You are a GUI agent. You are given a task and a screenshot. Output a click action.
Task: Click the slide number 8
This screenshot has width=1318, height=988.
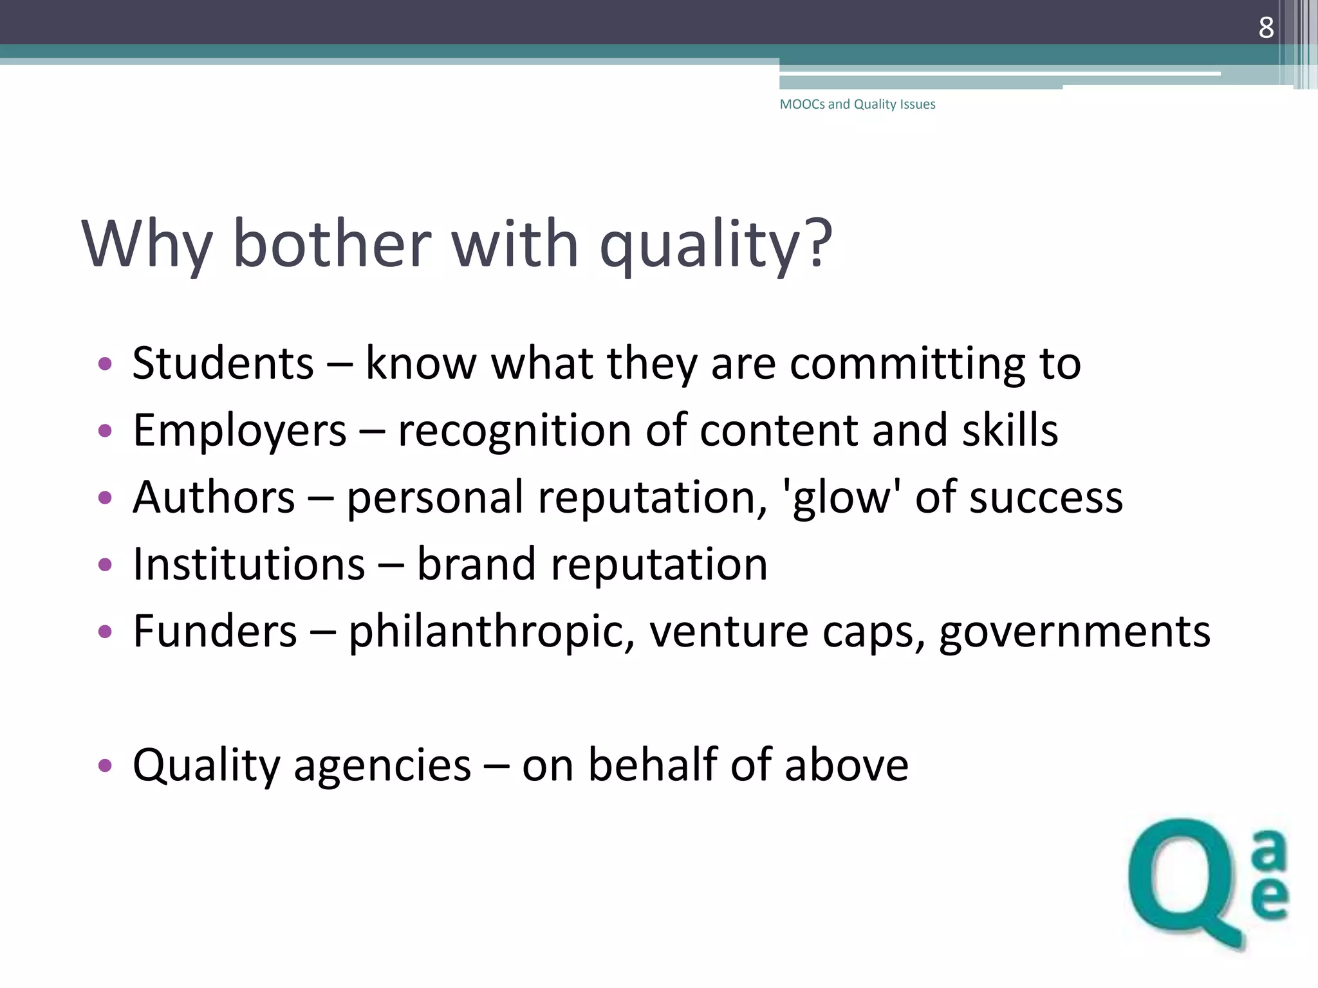point(1266,28)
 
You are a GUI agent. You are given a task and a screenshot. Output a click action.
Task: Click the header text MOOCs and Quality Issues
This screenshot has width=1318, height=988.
point(857,104)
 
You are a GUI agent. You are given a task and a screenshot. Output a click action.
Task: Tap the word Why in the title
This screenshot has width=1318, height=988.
point(147,244)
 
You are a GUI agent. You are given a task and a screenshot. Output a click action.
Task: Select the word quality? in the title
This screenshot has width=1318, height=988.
point(716,244)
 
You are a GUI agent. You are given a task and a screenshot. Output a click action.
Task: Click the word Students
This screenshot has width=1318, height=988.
point(223,363)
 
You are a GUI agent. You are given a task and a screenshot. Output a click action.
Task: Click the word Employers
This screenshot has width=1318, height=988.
point(239,430)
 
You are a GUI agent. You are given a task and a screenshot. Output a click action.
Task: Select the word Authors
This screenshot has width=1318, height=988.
point(214,497)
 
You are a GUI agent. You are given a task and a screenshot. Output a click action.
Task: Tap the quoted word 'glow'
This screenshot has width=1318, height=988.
point(840,497)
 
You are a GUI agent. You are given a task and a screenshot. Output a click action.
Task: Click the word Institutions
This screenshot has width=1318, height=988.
point(249,564)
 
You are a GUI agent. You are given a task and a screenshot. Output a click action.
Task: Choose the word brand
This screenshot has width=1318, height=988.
point(476,564)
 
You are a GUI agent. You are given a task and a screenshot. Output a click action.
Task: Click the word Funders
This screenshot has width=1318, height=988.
point(215,631)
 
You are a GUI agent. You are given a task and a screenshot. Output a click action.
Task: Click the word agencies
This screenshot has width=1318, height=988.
point(382,765)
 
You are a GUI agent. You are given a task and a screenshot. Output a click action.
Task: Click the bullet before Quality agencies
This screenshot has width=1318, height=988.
point(105,765)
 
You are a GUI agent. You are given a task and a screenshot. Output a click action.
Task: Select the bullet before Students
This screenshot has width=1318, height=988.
point(105,364)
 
